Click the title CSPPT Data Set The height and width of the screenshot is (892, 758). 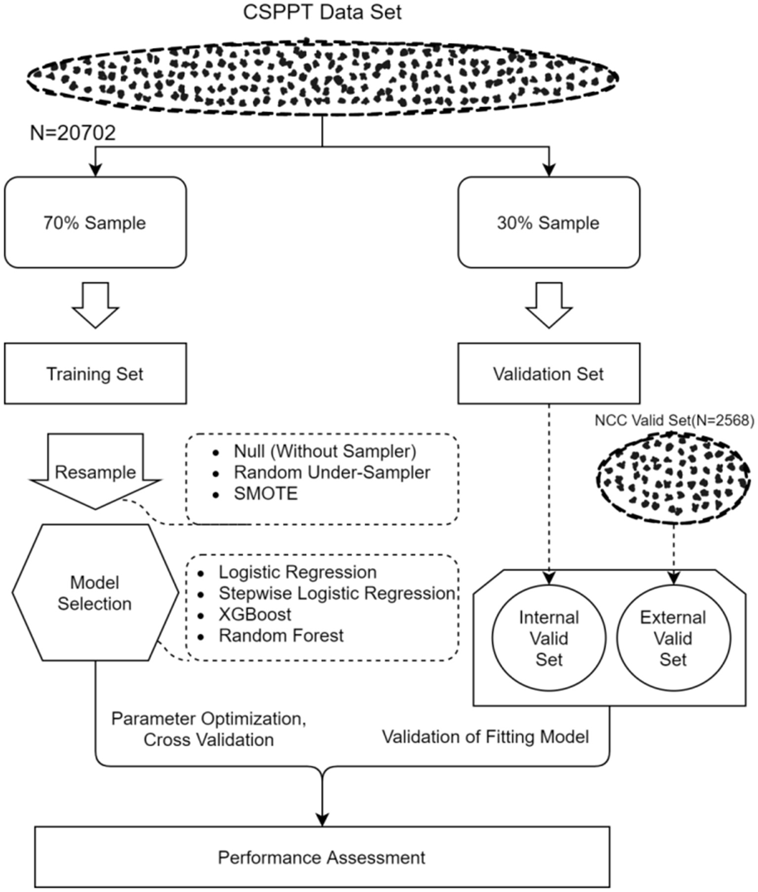point(322,12)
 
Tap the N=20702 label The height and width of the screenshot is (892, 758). point(73,133)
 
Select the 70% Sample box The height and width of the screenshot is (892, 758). point(95,223)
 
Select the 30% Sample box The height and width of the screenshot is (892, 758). point(548,223)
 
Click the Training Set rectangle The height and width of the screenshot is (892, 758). point(95,374)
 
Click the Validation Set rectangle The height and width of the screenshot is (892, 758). point(548,374)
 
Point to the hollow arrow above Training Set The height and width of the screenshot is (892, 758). point(95,305)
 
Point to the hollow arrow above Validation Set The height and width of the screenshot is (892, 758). point(549,305)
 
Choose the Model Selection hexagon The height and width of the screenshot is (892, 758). point(95,593)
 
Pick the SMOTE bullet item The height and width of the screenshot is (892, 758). point(266,494)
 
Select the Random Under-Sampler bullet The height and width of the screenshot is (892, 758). point(331,472)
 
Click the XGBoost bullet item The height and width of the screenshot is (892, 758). point(255,615)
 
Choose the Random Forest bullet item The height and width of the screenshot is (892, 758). point(281,636)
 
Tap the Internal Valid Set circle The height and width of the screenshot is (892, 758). point(549,638)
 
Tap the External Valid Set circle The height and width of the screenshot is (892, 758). point(673,638)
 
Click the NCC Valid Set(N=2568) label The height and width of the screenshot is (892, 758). point(674,421)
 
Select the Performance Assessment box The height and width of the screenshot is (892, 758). point(322,857)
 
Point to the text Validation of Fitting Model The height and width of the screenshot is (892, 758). point(485,737)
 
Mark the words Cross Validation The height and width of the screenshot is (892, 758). point(208,740)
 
